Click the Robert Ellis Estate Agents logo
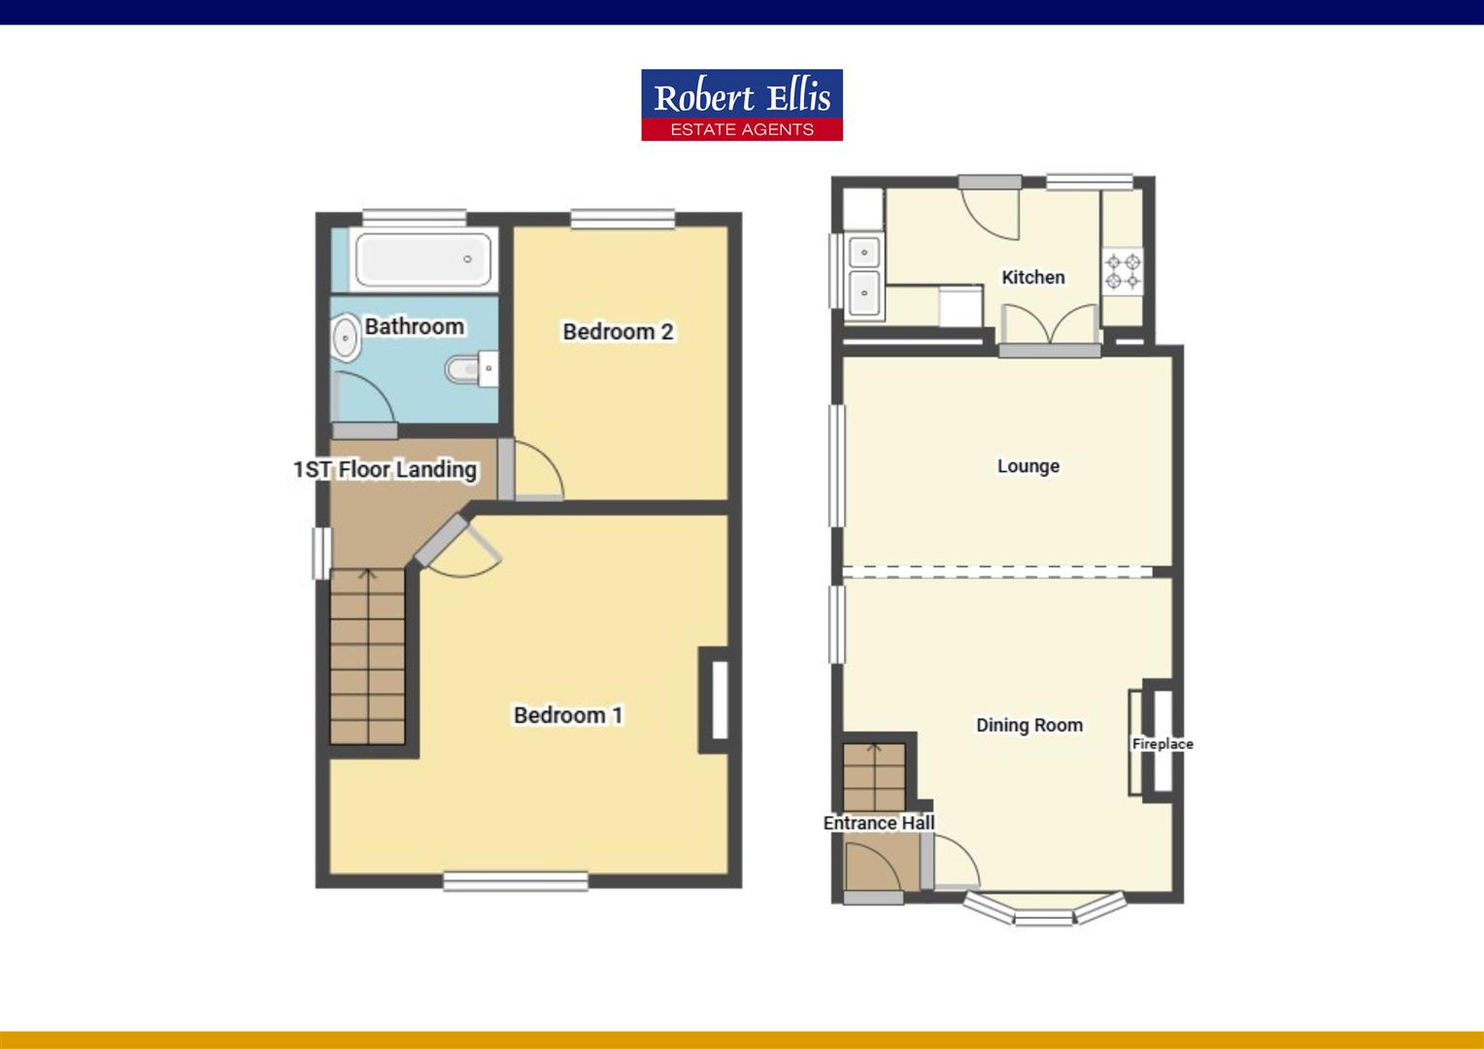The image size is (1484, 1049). pyautogui.click(x=741, y=105)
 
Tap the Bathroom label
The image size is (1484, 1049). pyautogui.click(x=414, y=326)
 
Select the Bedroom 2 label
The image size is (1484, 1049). pyautogui.click(x=618, y=331)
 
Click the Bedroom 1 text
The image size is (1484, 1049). pyautogui.click(x=568, y=715)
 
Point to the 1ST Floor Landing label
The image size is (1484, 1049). pyautogui.click(x=385, y=470)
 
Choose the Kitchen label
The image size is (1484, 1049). pyautogui.click(x=1032, y=278)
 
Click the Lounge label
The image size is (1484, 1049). pyautogui.click(x=1028, y=466)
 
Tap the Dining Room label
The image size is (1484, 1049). pyautogui.click(x=1029, y=725)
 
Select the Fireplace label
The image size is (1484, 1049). pyautogui.click(x=1162, y=744)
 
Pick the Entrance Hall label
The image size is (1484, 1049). pyautogui.click(x=878, y=823)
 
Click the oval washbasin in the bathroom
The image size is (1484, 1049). pyautogui.click(x=344, y=340)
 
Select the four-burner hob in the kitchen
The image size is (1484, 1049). pyautogui.click(x=1123, y=271)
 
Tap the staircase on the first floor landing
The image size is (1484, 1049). pyautogui.click(x=367, y=657)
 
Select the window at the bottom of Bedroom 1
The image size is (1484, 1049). pyautogui.click(x=516, y=881)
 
